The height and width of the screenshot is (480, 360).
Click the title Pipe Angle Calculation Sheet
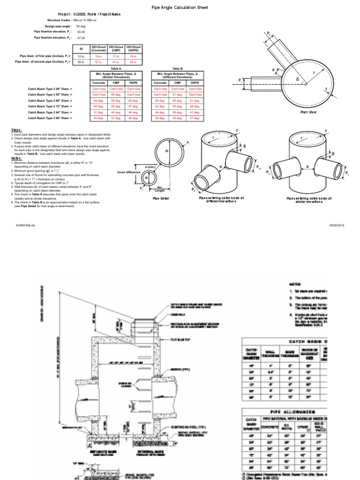180,8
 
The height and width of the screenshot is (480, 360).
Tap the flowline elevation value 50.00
81,32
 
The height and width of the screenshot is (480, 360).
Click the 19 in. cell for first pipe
98,56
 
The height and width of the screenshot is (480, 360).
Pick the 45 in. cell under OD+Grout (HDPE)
133,61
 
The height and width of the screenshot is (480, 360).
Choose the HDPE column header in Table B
195,82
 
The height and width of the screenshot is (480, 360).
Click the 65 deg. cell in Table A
116,94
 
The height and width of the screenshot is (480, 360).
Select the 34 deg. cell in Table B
178,118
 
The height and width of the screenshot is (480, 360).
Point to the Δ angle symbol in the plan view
297,79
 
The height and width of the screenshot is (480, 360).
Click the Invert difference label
128,172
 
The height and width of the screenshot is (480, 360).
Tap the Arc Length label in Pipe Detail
160,188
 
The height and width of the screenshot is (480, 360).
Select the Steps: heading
16,130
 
